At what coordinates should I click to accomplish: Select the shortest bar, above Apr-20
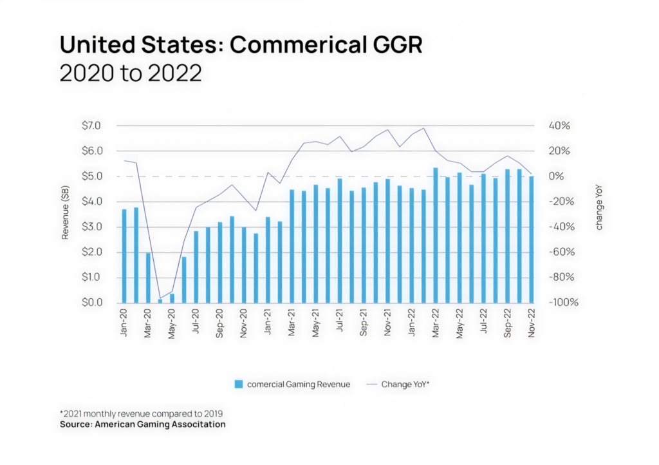click(x=160, y=300)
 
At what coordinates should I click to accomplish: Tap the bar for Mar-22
click(x=436, y=236)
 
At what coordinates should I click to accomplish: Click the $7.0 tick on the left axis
click(x=91, y=126)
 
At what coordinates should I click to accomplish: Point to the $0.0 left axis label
click(x=91, y=303)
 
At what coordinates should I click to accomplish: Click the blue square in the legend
click(x=239, y=384)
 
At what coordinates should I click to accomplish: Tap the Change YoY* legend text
click(x=405, y=384)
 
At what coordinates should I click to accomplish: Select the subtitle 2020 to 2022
click(x=131, y=73)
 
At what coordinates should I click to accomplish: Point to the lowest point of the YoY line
click(x=160, y=298)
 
